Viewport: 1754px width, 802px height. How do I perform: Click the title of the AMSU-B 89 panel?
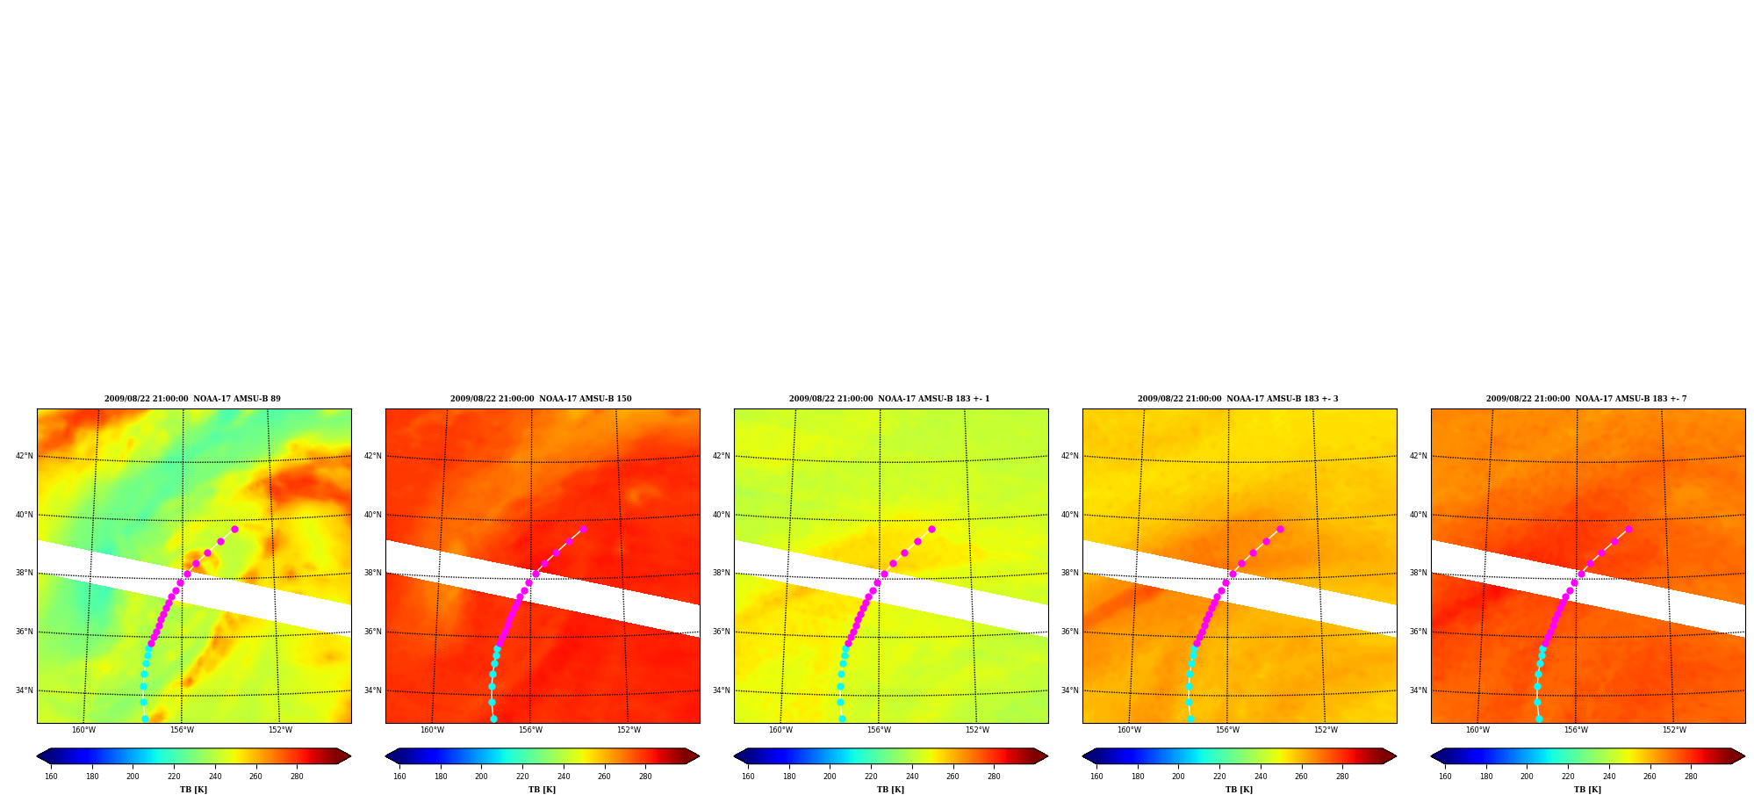click(192, 399)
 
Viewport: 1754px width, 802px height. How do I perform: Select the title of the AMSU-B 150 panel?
click(541, 399)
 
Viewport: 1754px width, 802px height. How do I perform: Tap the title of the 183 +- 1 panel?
click(889, 399)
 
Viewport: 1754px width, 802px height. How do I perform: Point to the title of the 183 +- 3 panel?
click(1238, 399)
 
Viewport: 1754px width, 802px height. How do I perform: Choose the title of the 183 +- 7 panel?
click(1586, 399)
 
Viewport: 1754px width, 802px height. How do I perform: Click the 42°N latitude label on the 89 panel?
click(24, 456)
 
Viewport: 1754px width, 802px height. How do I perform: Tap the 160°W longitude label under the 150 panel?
click(432, 730)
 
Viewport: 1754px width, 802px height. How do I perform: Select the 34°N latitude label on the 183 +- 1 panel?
click(721, 690)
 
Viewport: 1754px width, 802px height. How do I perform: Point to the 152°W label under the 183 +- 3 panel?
click(1326, 730)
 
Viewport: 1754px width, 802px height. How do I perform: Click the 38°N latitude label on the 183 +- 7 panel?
click(1418, 573)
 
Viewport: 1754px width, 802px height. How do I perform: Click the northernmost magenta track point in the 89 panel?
click(234, 529)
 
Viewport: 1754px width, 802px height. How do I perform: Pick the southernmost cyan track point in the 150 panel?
click(493, 719)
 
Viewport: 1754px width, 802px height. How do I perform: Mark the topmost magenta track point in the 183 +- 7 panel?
click(1628, 529)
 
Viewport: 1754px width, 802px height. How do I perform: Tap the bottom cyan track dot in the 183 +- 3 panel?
click(1190, 719)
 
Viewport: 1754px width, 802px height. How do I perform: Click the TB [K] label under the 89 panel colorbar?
click(193, 790)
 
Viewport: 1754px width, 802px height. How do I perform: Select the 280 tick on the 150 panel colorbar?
click(645, 777)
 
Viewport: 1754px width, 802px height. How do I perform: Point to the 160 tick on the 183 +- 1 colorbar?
click(748, 777)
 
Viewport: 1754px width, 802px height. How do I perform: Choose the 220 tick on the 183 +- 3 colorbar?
click(1219, 777)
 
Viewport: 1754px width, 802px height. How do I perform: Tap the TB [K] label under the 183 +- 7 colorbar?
click(1587, 790)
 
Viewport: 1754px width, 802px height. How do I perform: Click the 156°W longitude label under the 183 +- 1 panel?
click(879, 730)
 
